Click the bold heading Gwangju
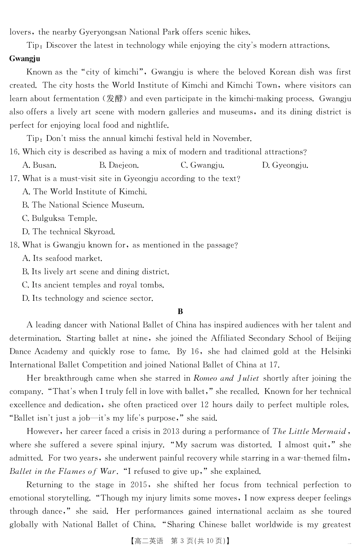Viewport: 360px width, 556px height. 25,59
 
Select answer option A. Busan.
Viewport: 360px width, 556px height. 39,165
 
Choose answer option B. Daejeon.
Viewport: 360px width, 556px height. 119,165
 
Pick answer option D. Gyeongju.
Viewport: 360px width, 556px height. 285,165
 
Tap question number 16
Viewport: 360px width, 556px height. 14,152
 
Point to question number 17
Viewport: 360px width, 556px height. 14,178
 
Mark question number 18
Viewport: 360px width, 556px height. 14,245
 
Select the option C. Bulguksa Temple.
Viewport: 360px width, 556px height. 59,219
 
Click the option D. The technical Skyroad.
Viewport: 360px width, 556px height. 68,232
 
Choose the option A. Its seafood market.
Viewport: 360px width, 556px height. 62,258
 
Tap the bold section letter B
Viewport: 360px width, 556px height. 180,312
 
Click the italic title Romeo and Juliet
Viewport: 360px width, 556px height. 226,378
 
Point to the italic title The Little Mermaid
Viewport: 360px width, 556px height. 309,431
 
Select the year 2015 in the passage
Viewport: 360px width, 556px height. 139,485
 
